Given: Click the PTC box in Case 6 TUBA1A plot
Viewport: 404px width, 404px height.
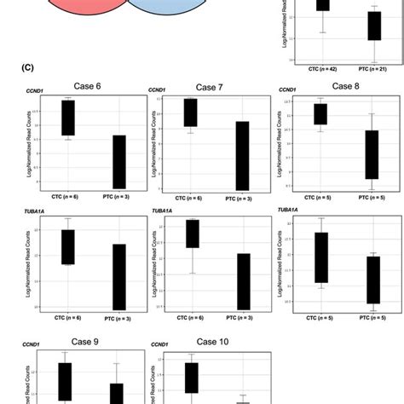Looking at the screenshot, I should pyautogui.click(x=118, y=276).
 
